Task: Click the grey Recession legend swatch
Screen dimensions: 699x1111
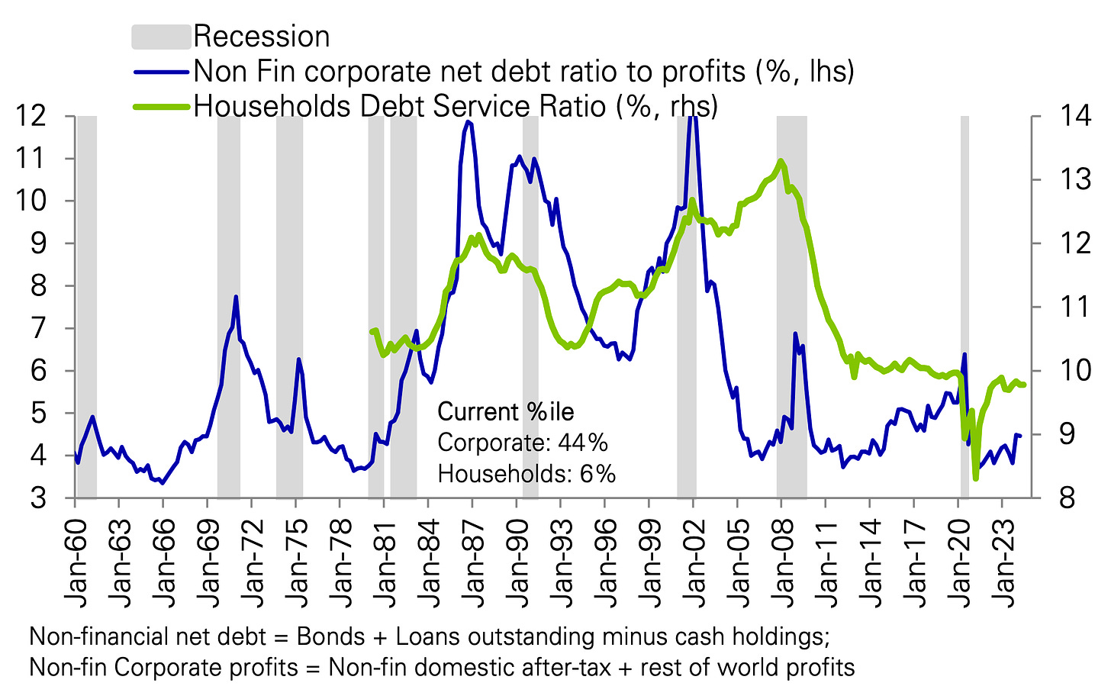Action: [x=160, y=37]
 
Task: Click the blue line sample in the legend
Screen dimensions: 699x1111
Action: [x=160, y=72]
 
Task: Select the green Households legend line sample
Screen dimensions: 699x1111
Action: [x=160, y=107]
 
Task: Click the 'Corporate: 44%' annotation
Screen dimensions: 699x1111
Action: [x=522, y=443]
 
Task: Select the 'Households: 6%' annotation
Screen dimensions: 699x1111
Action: [x=527, y=474]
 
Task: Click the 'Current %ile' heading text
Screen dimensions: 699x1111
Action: [x=506, y=412]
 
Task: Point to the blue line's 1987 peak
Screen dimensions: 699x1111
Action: [x=468, y=121]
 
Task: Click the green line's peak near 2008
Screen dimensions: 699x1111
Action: [x=781, y=160]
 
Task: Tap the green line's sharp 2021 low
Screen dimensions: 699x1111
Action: [x=975, y=478]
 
